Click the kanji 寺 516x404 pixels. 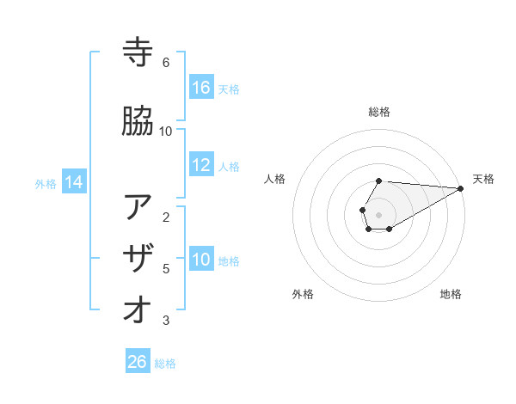tap(138, 52)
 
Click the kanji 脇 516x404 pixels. tap(138, 121)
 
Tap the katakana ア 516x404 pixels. tap(138, 207)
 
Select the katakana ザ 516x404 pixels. tap(138, 259)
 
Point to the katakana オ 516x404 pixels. tap(138, 310)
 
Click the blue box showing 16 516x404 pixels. tap(201, 88)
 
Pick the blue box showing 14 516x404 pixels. tap(73, 182)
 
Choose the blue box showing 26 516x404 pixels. tap(138, 362)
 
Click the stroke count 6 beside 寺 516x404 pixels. tap(165, 62)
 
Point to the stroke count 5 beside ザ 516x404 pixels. tap(165, 269)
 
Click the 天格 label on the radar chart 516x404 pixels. tap(483, 179)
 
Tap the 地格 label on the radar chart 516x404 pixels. tap(451, 294)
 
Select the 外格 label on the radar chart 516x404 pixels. tap(303, 294)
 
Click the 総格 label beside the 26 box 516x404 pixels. tap(165, 364)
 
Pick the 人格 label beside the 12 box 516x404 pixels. tap(229, 166)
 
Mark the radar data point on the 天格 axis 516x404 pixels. tap(461, 188)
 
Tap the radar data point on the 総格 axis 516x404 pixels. tap(379, 181)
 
